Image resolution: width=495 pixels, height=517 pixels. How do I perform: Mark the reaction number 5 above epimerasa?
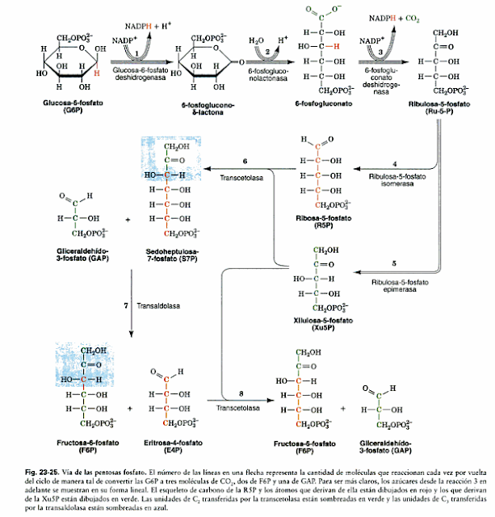(393, 264)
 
